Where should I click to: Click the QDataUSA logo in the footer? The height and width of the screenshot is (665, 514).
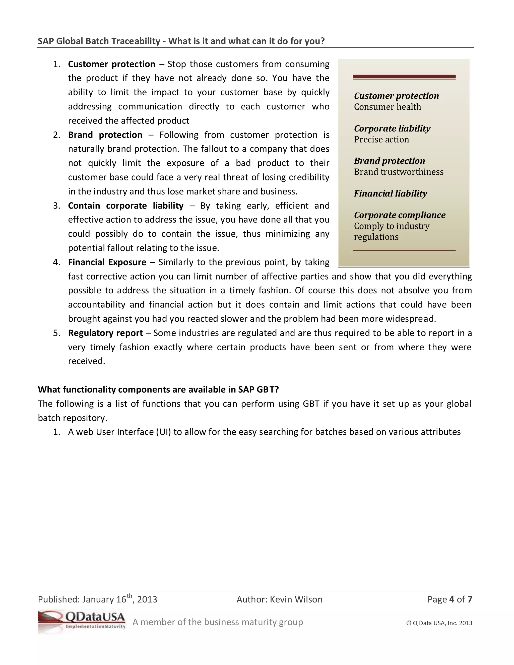point(82,621)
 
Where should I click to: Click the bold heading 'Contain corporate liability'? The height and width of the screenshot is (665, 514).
point(125,206)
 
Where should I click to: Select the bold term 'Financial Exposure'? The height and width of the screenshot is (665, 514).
point(107,262)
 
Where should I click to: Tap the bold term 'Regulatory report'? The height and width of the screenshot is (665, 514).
point(105,333)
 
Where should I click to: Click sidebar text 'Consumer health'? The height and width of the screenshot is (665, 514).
point(387,107)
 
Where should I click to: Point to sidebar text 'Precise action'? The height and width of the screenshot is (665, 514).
point(381,140)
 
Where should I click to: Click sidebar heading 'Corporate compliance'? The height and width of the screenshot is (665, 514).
point(400,215)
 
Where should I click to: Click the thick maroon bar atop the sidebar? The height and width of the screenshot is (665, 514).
point(404,77)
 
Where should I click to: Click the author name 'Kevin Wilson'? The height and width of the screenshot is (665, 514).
point(296,599)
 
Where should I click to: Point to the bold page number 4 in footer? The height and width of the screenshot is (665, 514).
point(452,599)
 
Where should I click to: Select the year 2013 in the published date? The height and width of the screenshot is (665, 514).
point(147,599)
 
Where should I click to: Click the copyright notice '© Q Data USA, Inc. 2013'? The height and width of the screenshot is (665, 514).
point(439,623)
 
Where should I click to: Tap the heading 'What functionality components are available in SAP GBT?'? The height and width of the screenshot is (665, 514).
point(158,389)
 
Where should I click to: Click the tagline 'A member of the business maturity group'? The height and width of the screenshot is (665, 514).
point(218,622)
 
